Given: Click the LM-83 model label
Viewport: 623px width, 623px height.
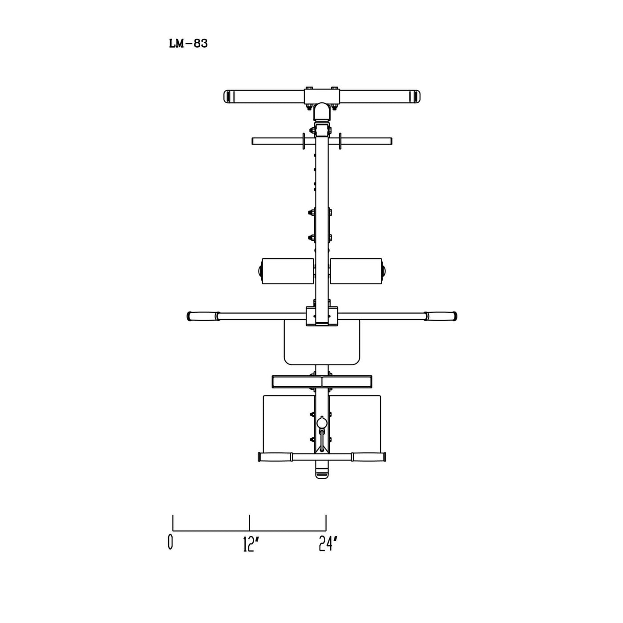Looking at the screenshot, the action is [x=188, y=44].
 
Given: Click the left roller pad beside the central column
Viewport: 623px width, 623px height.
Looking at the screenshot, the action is [x=287, y=271].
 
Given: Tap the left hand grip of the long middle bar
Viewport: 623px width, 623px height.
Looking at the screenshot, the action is [x=203, y=316].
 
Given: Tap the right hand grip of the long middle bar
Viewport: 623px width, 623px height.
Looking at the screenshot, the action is [x=441, y=316].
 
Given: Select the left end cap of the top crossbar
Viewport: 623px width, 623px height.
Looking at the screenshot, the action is [x=228, y=97].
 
